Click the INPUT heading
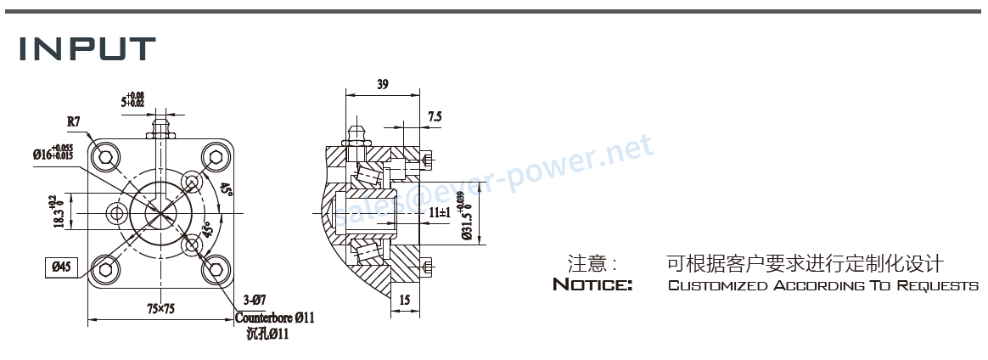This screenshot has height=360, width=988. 88,48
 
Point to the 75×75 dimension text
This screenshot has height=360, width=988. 160,309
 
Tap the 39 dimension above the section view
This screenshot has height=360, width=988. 382,85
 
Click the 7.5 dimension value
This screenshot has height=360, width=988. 435,116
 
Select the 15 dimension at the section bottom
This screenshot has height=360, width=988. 404,299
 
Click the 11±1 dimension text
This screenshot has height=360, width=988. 439,212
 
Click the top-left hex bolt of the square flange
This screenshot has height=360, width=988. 105,156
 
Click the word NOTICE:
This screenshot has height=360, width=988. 592,284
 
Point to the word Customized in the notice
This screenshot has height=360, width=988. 717,285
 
